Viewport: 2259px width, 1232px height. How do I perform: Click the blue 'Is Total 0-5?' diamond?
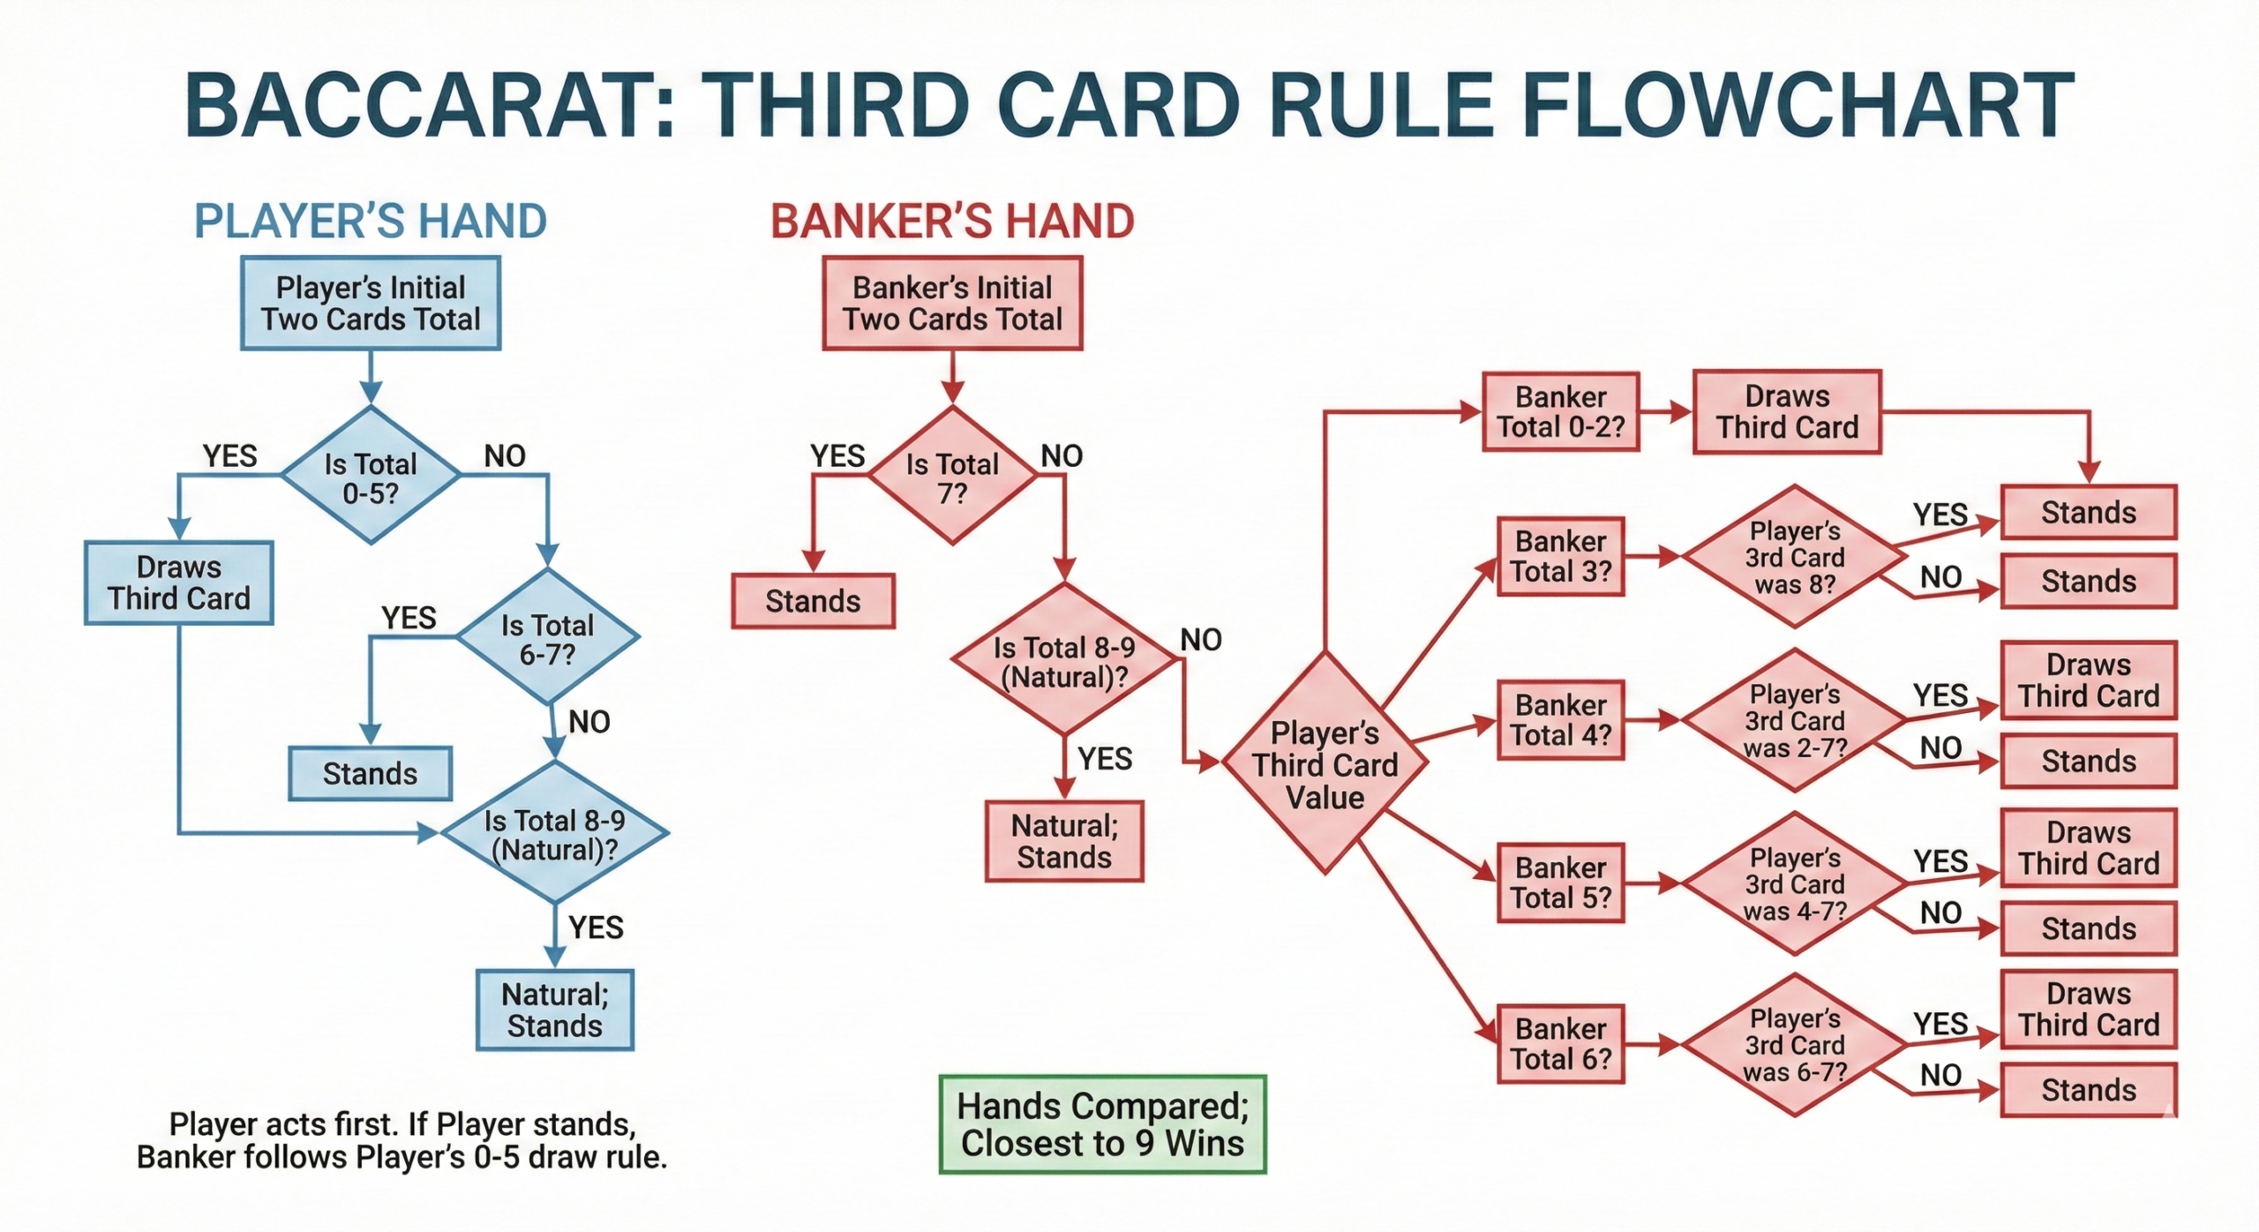click(x=371, y=477)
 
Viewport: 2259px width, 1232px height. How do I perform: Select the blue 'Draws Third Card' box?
click(x=179, y=582)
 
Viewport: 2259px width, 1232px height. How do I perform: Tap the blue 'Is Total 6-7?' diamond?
click(x=547, y=638)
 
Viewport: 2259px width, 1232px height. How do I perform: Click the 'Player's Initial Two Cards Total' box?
click(x=371, y=303)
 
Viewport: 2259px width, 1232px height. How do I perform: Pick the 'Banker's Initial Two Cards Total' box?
click(x=952, y=303)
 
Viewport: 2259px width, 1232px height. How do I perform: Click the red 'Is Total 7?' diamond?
click(x=952, y=477)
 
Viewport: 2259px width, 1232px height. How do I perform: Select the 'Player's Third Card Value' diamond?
click(x=1325, y=764)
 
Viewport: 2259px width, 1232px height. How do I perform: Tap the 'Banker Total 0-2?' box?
click(x=1560, y=411)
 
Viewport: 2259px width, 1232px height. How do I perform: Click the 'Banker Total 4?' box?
click(x=1560, y=719)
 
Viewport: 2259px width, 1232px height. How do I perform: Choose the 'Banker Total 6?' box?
click(x=1560, y=1043)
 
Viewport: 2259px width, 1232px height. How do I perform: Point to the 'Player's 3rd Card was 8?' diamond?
click(x=1795, y=557)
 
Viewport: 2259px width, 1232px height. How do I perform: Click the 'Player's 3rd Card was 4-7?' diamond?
click(x=1795, y=883)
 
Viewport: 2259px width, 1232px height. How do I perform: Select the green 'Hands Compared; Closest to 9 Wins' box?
click(x=1102, y=1124)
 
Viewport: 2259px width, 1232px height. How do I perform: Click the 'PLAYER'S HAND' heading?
click(x=370, y=221)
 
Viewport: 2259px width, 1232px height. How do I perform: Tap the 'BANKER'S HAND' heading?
click(x=952, y=221)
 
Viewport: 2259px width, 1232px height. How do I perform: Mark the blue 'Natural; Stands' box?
click(x=554, y=1010)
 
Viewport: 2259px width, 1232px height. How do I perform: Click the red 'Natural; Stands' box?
click(x=1064, y=841)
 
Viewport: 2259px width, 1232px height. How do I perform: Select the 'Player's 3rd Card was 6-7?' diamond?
click(x=1795, y=1045)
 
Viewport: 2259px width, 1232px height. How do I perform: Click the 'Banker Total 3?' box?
click(x=1560, y=556)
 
